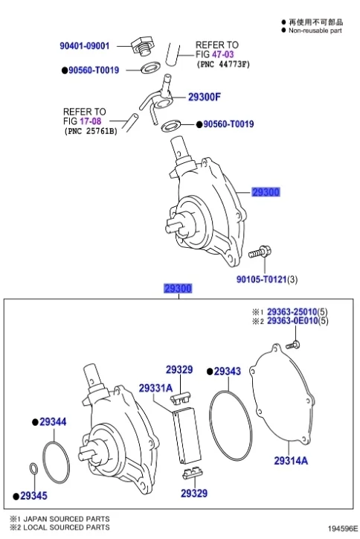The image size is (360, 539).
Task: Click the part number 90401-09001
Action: [84, 46]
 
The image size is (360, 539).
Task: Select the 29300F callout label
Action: [205, 96]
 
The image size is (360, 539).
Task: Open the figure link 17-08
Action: [91, 121]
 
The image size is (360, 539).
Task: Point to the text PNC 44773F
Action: [223, 66]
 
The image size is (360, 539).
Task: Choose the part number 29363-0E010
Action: [292, 321]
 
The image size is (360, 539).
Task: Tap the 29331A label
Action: [155, 387]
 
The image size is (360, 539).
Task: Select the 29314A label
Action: [290, 461]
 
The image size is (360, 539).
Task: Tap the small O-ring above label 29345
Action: [33, 468]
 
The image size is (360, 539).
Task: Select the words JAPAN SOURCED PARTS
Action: [66, 518]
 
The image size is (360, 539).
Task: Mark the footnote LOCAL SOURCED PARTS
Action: [66, 527]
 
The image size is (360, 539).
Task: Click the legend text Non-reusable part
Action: [315, 31]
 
